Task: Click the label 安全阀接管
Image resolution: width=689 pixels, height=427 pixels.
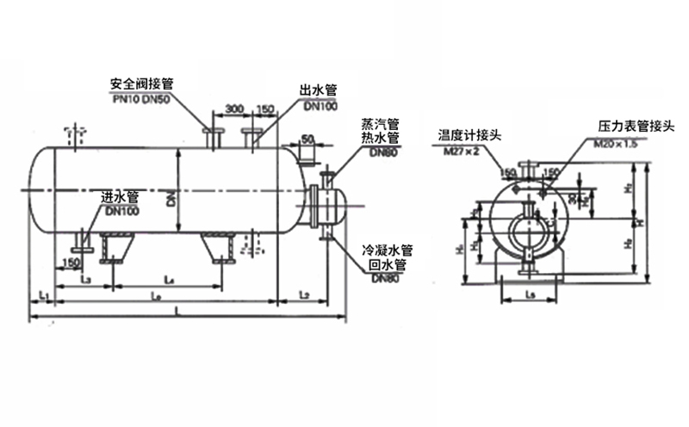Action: [x=143, y=84]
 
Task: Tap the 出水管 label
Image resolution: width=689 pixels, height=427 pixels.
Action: [x=318, y=90]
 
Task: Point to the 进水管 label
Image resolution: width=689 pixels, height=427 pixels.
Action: [x=120, y=197]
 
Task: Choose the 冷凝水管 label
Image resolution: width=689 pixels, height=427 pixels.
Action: [x=388, y=251]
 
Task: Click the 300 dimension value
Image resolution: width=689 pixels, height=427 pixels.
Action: [x=233, y=109]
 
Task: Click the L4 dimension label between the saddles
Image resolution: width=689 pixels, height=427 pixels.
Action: [x=170, y=280]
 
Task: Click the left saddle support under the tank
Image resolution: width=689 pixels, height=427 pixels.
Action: [x=113, y=247]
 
